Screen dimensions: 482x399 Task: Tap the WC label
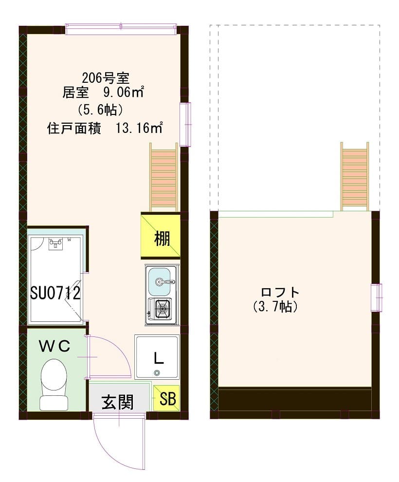(54, 346)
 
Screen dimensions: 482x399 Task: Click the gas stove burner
(163, 308)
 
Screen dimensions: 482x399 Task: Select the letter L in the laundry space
(158, 359)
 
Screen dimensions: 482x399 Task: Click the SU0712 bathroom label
(54, 293)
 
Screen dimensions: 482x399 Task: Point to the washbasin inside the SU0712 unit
(57, 243)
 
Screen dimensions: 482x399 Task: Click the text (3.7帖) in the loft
(275, 307)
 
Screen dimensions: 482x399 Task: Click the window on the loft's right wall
(377, 297)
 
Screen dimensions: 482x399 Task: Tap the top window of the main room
(121, 29)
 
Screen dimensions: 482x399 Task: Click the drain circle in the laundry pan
(157, 373)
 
